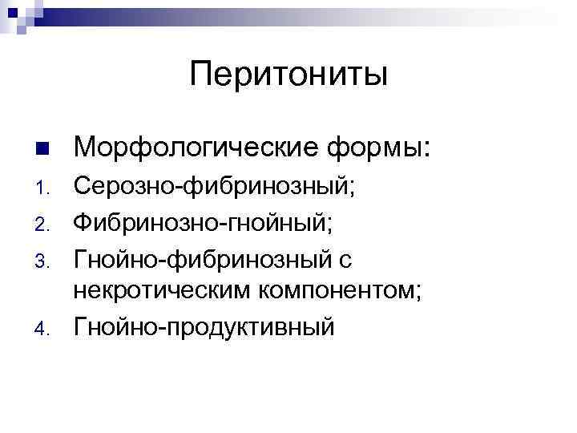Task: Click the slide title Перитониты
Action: click(289, 75)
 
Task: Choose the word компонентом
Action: click(337, 292)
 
